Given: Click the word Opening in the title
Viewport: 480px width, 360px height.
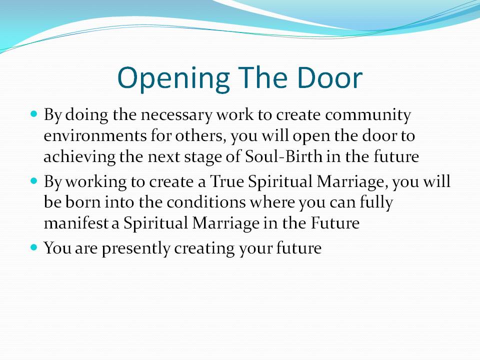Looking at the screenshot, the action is (173, 78).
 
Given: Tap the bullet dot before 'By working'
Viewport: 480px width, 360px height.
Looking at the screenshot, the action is (34, 180).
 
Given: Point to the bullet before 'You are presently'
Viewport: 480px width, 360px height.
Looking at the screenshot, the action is (34, 247).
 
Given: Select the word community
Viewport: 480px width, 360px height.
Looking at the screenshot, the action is (368, 116).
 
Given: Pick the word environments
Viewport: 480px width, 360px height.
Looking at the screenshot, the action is (95, 136).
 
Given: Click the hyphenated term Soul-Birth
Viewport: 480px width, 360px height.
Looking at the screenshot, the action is (284, 156).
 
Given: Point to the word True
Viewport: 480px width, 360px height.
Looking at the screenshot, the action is (227, 182).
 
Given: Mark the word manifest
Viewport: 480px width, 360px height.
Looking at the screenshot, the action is (76, 222).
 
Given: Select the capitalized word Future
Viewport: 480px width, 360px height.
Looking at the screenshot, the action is (335, 222).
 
